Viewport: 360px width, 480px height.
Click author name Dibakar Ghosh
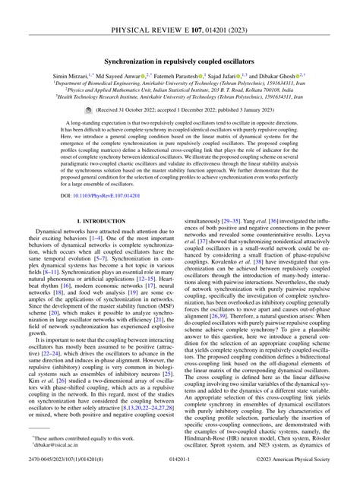click(x=295, y=77)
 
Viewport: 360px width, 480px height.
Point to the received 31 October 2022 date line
click(x=185, y=110)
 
